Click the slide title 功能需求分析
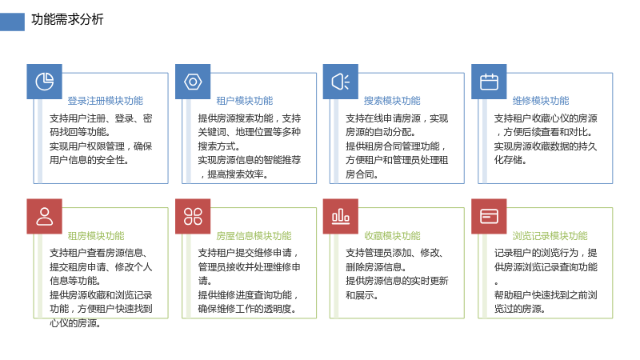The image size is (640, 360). pyautogui.click(x=67, y=19)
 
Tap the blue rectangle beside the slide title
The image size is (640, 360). pyautogui.click(x=12, y=22)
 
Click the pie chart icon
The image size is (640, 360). pyautogui.click(x=45, y=82)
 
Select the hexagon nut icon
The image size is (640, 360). pyautogui.click(x=193, y=82)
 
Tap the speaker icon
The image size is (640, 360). pyautogui.click(x=341, y=82)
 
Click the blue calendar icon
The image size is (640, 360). pyautogui.click(x=489, y=82)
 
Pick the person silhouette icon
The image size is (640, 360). pyautogui.click(x=45, y=216)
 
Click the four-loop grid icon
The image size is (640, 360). pyautogui.click(x=193, y=216)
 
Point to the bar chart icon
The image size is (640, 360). pyautogui.click(x=341, y=216)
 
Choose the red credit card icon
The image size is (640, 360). pyautogui.click(x=489, y=216)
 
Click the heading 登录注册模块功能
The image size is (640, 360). pyautogui.click(x=106, y=101)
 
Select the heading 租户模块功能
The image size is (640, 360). pyautogui.click(x=245, y=101)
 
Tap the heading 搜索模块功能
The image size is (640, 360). pyautogui.click(x=392, y=101)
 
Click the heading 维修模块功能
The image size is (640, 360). pyautogui.click(x=541, y=101)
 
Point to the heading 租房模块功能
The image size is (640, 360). pyautogui.click(x=96, y=236)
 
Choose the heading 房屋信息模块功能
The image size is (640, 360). pyautogui.click(x=254, y=236)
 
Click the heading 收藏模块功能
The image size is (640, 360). pyautogui.click(x=392, y=236)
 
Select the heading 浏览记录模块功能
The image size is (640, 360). pyautogui.click(x=550, y=236)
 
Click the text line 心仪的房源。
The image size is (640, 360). pyautogui.click(x=75, y=323)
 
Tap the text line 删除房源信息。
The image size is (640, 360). pyautogui.click(x=376, y=267)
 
